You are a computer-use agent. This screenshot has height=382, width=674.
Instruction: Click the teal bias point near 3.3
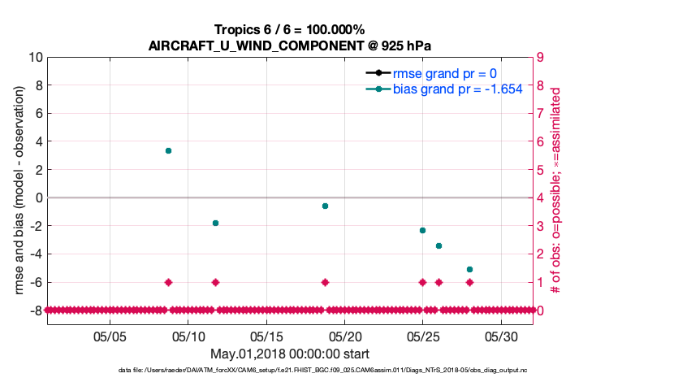click(168, 150)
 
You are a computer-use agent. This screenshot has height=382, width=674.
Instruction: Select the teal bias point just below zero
click(325, 206)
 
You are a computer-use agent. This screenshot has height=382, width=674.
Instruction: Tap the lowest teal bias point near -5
click(469, 269)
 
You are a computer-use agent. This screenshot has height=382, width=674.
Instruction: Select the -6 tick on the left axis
click(34, 282)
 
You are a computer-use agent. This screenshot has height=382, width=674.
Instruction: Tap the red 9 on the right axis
click(541, 58)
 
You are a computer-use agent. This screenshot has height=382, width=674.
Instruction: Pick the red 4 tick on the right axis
click(541, 198)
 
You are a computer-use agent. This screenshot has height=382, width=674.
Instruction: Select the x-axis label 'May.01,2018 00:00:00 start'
click(291, 354)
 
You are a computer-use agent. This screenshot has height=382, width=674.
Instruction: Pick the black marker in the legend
click(378, 72)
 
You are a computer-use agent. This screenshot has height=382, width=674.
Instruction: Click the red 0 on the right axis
click(541, 310)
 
